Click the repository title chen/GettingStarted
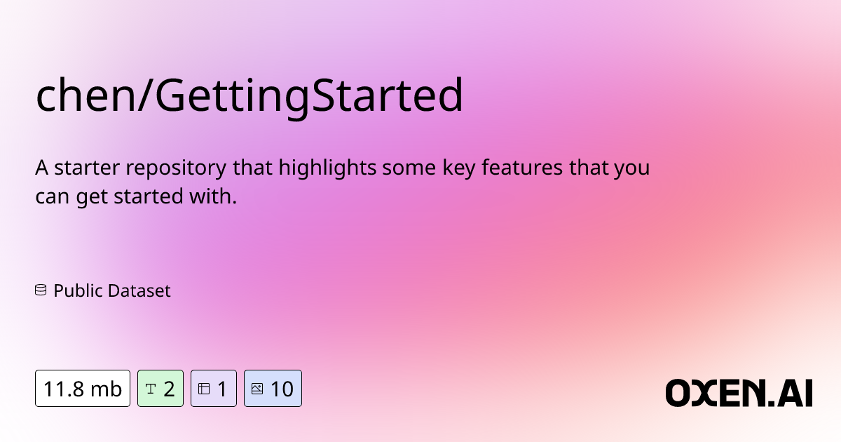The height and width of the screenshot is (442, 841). pyautogui.click(x=249, y=97)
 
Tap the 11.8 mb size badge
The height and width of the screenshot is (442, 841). pyautogui.click(x=83, y=388)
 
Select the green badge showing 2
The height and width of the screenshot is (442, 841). pyautogui.click(x=160, y=388)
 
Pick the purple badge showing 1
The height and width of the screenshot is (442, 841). pyautogui.click(x=213, y=388)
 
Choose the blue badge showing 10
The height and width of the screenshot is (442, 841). pyautogui.click(x=273, y=388)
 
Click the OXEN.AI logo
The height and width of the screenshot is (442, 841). pyautogui.click(x=739, y=393)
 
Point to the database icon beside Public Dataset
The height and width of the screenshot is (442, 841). pyautogui.click(x=41, y=290)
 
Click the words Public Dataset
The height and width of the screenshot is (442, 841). pyautogui.click(x=112, y=290)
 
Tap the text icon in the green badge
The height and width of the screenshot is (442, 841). pyautogui.click(x=150, y=388)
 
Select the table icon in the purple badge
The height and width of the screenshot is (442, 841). pyautogui.click(x=204, y=388)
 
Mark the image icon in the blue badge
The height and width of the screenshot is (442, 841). pyautogui.click(x=257, y=388)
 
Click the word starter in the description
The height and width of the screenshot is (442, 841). pyautogui.click(x=83, y=169)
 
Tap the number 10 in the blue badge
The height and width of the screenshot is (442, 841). pyautogui.click(x=282, y=388)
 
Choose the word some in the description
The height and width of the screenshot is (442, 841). pyautogui.click(x=399, y=169)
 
